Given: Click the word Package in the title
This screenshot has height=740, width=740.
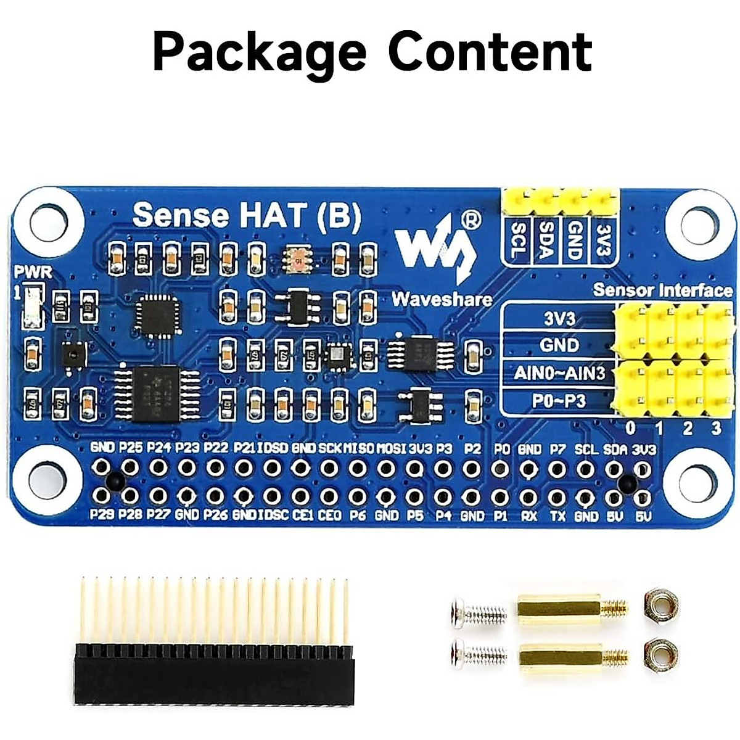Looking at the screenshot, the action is [258, 52].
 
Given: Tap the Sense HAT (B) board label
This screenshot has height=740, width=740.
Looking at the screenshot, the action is [247, 215].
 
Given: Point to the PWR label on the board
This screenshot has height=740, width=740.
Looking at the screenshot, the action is [33, 271].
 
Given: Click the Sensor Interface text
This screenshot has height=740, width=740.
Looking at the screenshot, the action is [662, 290].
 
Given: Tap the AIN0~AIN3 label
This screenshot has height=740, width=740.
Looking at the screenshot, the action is [559, 373].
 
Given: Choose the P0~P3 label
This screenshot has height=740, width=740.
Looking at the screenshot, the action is [559, 401].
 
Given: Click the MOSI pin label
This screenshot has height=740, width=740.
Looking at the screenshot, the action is [391, 449].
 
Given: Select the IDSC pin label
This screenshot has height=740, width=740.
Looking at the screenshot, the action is [273, 515].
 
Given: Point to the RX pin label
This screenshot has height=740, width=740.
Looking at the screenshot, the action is [528, 515].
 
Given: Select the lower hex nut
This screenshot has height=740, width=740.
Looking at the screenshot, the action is [659, 654].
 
